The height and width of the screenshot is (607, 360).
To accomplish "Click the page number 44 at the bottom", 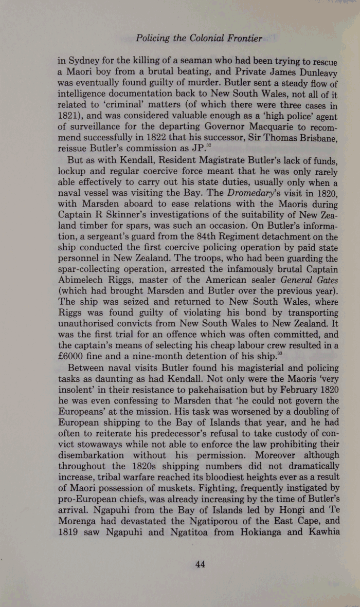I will coord(201,564).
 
